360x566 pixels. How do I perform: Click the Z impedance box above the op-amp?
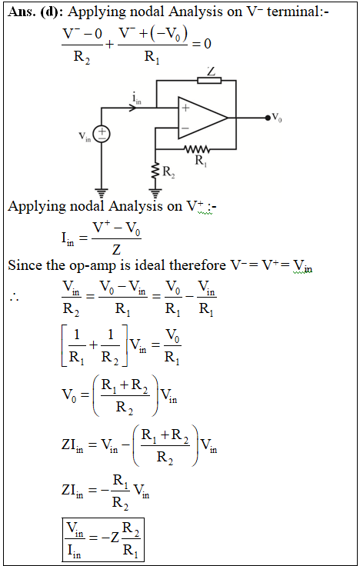tap(209, 80)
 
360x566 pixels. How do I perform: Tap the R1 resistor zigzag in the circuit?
tap(197, 148)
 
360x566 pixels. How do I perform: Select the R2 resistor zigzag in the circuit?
tap(155, 171)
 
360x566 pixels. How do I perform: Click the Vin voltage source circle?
tap(102, 134)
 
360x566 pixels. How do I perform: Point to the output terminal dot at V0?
tap(268, 118)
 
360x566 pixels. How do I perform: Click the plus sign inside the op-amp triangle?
tap(185, 108)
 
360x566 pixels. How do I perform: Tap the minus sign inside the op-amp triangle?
tap(185, 128)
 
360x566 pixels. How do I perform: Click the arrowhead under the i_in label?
tap(133, 108)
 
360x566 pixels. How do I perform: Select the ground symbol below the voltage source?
tap(102, 193)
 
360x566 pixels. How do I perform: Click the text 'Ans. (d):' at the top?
tap(35, 12)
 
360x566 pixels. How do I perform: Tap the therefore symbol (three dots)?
tap(15, 298)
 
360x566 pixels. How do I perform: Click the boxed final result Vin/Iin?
tap(103, 540)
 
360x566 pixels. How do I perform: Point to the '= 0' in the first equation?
tap(202, 44)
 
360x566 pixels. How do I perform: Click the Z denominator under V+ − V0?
tap(116, 249)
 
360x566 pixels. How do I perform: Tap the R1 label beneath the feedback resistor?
tap(201, 160)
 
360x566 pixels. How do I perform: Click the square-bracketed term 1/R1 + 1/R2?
tap(95, 345)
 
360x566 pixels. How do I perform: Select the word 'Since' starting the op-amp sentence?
tap(25, 265)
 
